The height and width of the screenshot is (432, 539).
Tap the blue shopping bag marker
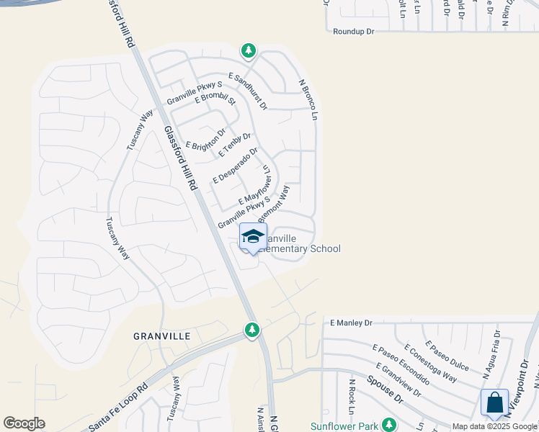click(x=494, y=402)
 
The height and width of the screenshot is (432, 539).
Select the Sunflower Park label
click(x=344, y=426)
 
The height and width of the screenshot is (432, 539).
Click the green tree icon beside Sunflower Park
click(x=389, y=424)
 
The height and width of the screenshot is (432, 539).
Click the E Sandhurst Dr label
click(x=247, y=91)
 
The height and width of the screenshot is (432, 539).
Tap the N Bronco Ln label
click(x=308, y=99)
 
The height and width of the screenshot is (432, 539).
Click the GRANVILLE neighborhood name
click(x=161, y=336)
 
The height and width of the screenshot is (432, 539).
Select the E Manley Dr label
click(x=352, y=323)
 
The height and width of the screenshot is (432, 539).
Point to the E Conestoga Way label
click(x=430, y=363)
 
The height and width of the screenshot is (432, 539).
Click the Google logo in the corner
click(x=24, y=423)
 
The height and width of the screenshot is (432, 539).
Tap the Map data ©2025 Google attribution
click(x=494, y=426)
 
